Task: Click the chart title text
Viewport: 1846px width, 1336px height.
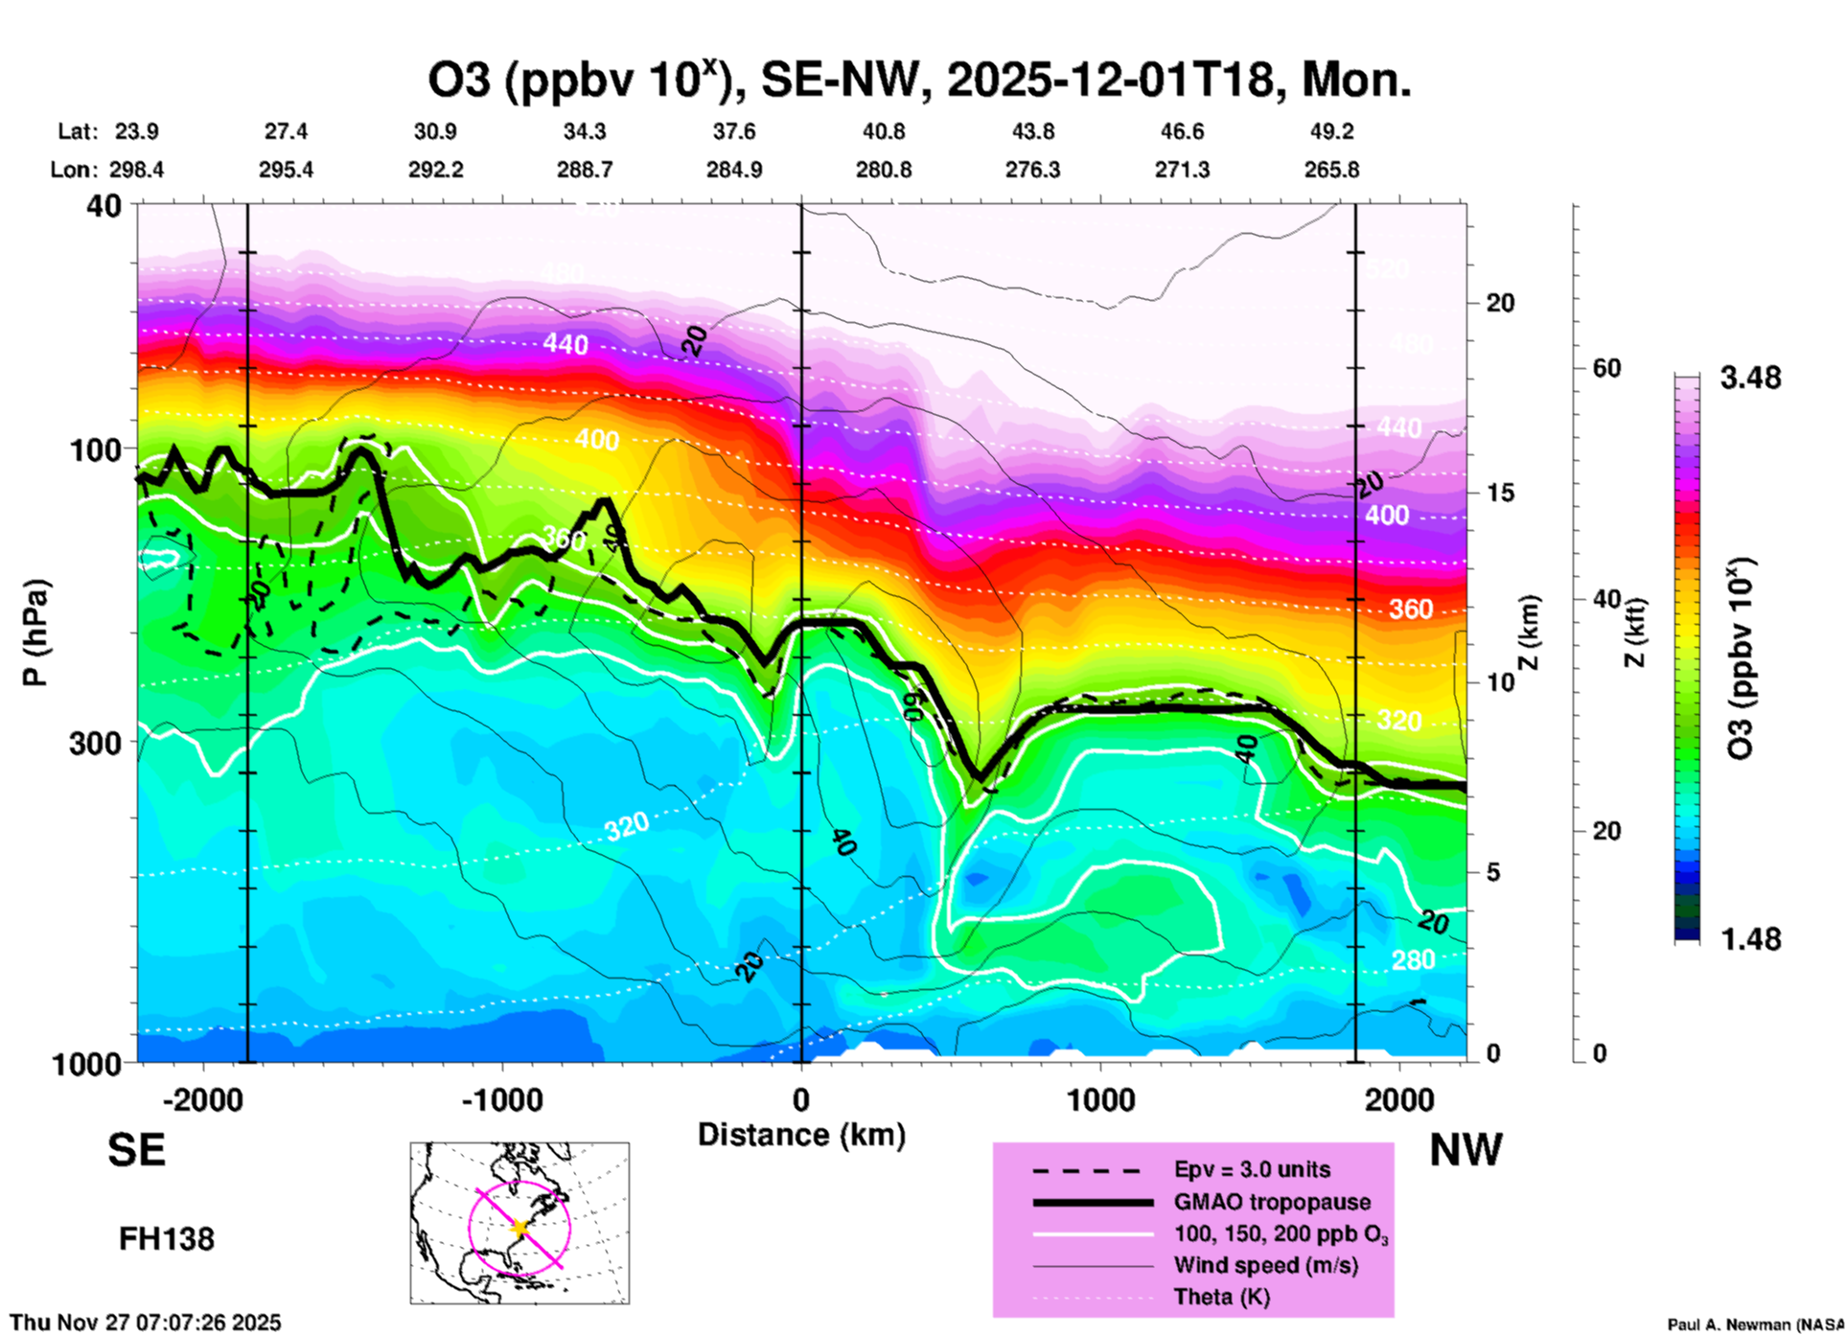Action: click(919, 81)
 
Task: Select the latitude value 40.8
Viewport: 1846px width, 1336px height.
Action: click(883, 131)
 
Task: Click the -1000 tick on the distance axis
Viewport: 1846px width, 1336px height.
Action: click(502, 1099)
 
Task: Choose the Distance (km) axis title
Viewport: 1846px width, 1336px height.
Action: click(801, 1135)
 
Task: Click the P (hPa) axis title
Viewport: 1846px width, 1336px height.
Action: click(35, 633)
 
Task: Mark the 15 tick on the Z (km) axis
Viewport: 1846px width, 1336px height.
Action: click(1499, 493)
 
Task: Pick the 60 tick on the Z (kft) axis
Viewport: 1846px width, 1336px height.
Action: click(1606, 368)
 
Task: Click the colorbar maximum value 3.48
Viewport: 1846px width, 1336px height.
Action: click(1750, 379)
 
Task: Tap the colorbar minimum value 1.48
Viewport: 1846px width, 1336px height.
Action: click(1750, 939)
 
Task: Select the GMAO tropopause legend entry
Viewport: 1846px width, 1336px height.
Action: click(1272, 1202)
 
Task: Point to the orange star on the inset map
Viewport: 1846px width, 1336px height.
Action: click(520, 1228)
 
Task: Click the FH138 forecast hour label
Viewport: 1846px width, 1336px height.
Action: click(166, 1239)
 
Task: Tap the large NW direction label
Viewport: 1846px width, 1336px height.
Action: click(1465, 1150)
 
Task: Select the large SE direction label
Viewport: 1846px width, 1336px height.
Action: click(136, 1150)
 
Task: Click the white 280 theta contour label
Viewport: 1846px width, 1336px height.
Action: click(1413, 959)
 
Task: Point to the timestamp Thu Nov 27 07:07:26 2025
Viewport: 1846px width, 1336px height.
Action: click(146, 1323)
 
